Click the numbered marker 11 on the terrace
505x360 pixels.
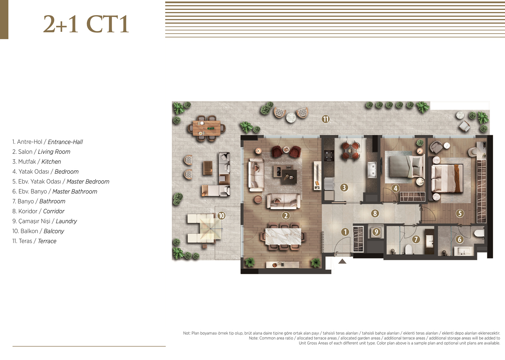(326, 119)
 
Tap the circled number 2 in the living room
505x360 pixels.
(286, 216)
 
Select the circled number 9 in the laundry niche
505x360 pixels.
(376, 232)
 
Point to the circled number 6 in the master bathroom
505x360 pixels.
(460, 239)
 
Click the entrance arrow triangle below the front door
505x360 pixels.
(342, 261)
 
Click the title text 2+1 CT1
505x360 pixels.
(86, 24)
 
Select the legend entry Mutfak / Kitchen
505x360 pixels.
(37, 162)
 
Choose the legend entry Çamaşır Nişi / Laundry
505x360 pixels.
(44, 221)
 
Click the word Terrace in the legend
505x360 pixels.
(47, 241)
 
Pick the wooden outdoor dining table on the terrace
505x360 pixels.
(207, 128)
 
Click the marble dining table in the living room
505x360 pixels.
(283, 236)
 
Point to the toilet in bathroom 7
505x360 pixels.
(409, 249)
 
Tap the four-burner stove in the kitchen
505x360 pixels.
(329, 156)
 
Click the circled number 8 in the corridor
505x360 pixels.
(375, 213)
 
